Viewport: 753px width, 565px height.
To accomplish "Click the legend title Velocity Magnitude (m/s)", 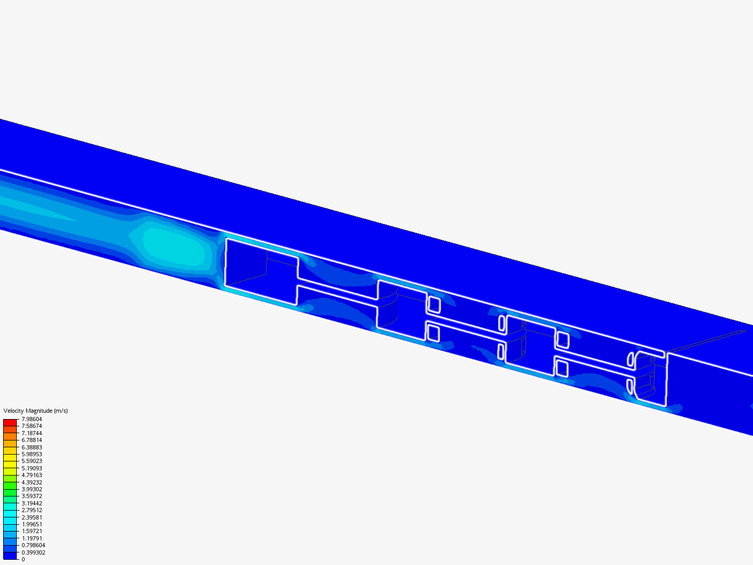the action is tap(36, 411).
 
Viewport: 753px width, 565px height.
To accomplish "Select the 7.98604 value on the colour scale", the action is tap(31, 419).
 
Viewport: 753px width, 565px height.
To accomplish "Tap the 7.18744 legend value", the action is tap(31, 433).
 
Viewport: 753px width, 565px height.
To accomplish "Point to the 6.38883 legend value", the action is tap(31, 447).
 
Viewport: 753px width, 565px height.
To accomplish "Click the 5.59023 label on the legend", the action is tap(31, 461).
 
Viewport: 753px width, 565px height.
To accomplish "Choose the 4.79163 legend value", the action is tap(31, 475).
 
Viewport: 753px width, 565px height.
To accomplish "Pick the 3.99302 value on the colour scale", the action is tap(31, 489).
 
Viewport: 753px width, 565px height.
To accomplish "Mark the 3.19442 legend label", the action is tap(31, 503).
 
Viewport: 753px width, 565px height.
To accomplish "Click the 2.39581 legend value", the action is tap(31, 517).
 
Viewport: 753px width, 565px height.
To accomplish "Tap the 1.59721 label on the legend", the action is tap(31, 531).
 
